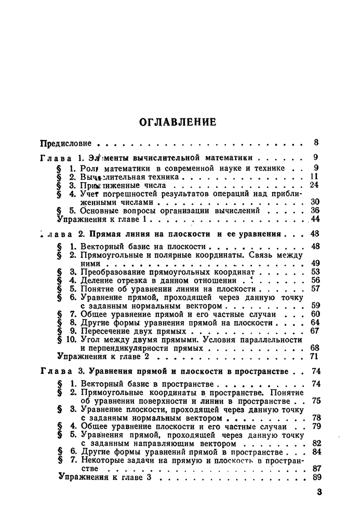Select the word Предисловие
coord(66,143)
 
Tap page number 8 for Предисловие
coord(316,143)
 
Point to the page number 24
coord(314,185)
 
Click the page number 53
coord(314,271)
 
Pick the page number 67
coord(314,331)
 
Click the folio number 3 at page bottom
coord(319,493)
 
